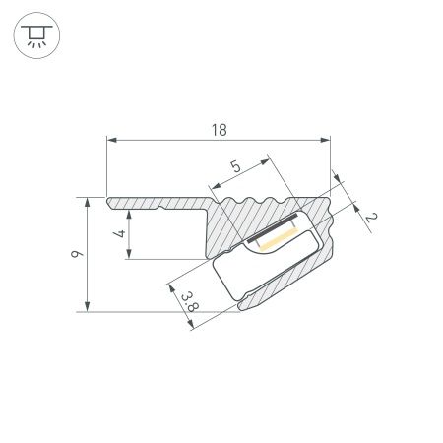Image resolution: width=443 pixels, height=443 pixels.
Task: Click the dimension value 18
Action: coord(219,130)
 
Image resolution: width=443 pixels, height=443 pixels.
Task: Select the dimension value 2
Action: coord(370,217)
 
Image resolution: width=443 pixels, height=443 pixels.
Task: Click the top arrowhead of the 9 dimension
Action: coord(91,201)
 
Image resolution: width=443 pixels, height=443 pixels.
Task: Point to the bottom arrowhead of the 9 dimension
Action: coord(91,307)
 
